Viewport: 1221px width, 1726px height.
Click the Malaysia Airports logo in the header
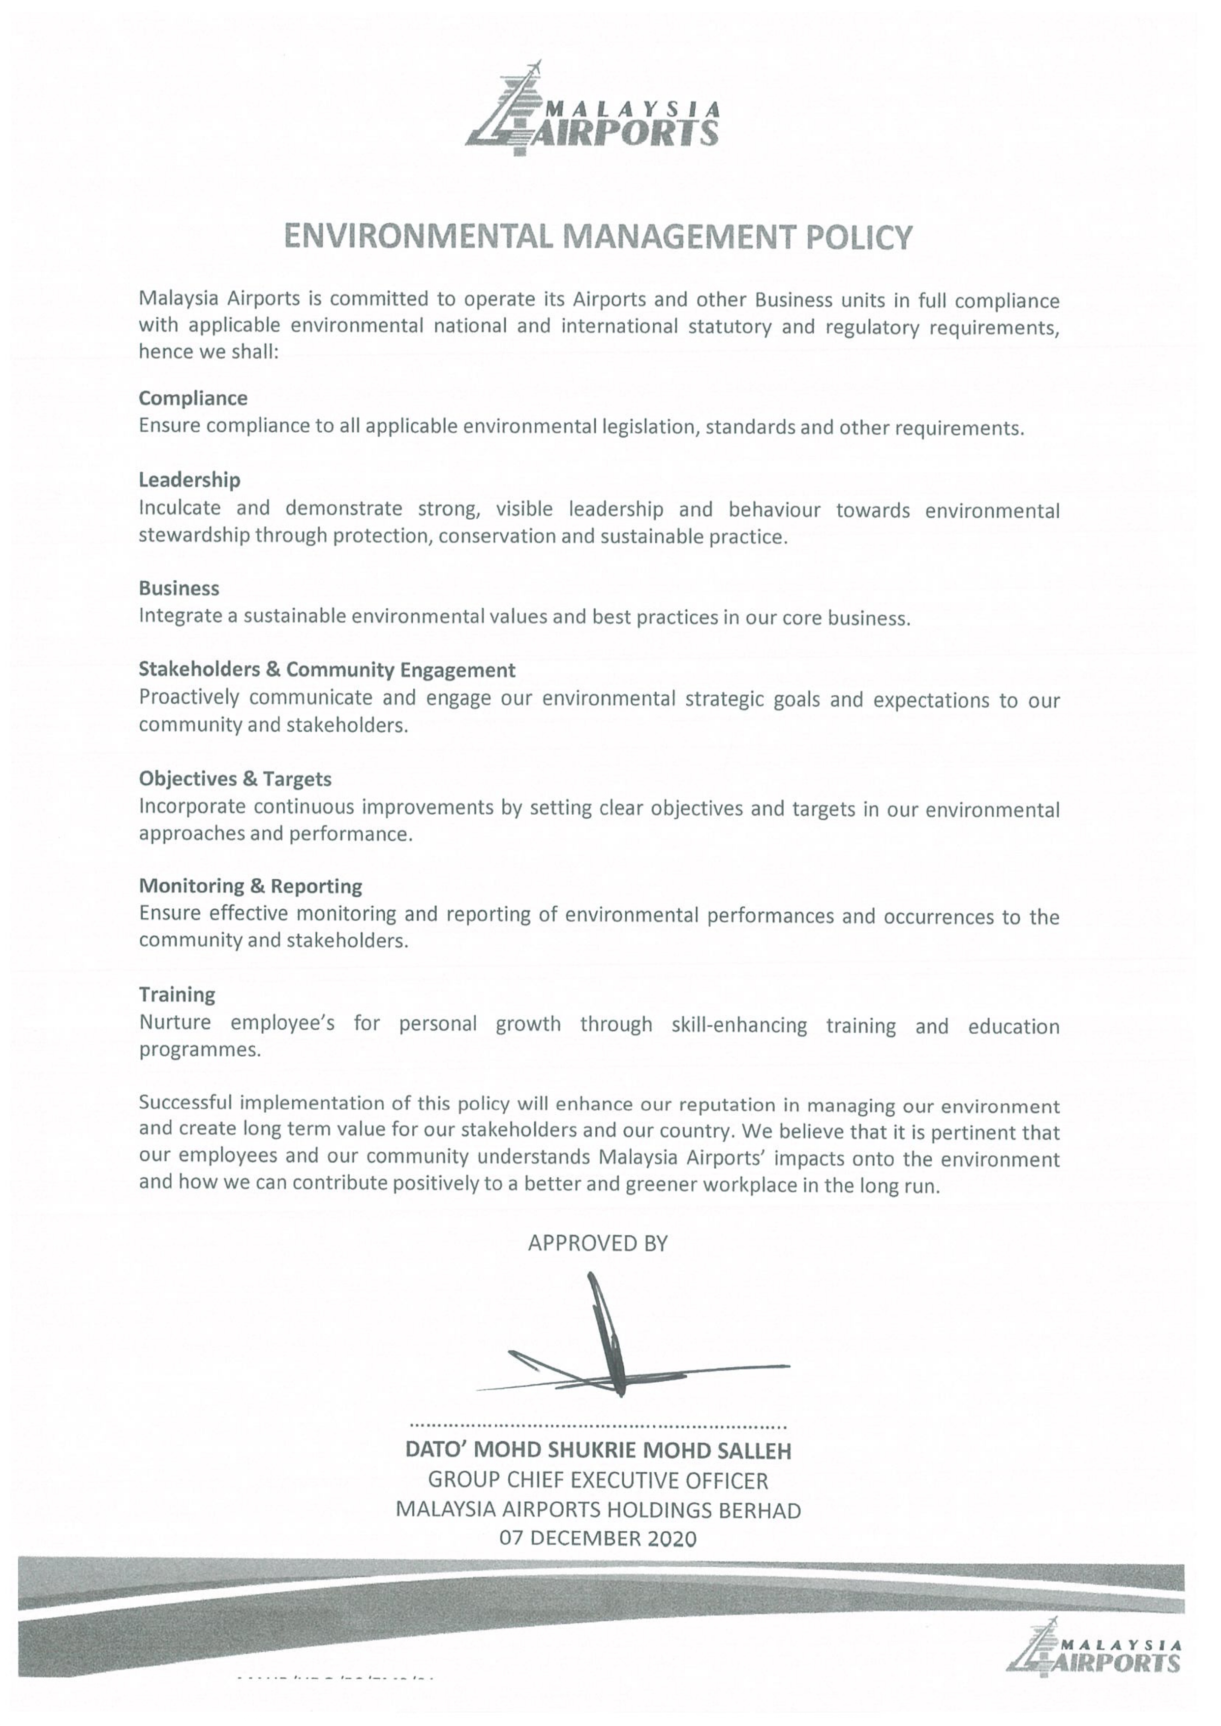(x=593, y=110)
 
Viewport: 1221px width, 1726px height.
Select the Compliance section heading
(x=193, y=398)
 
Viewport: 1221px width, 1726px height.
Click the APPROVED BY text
(x=598, y=1244)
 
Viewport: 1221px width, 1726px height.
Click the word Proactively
(x=188, y=698)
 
